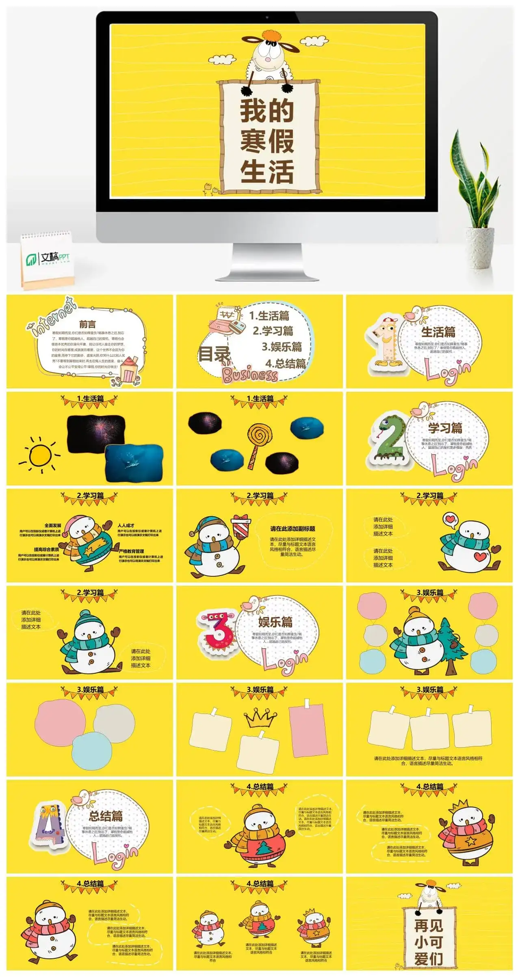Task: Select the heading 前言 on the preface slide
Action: click(87, 324)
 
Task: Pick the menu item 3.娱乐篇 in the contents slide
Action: click(282, 347)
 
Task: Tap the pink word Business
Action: click(250, 374)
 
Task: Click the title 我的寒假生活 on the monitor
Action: click(267, 140)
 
